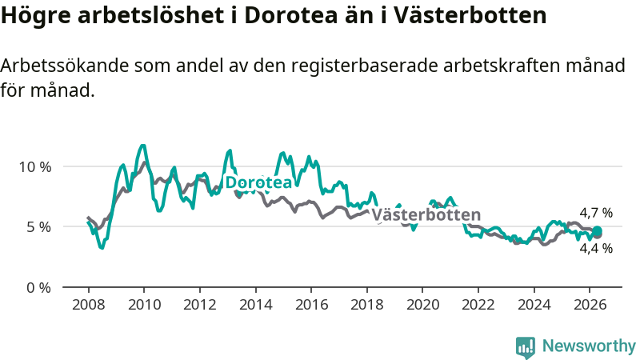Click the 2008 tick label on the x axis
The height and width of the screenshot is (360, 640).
89,305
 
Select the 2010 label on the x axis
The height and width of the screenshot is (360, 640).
144,305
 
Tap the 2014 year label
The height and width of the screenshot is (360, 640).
255,305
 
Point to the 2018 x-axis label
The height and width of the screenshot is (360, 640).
367,305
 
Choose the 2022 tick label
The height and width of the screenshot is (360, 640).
478,305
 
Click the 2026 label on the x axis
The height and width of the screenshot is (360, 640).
590,305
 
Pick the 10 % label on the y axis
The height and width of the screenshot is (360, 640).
35,167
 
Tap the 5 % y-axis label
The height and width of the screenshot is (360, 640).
39,227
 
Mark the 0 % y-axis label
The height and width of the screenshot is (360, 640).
39,288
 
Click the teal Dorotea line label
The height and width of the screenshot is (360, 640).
258,182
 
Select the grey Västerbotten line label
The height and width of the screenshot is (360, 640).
426,214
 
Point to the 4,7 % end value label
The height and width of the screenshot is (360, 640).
596,213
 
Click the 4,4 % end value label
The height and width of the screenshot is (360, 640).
596,248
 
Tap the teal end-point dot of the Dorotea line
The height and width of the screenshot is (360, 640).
597,230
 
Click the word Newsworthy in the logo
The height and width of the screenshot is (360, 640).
589,346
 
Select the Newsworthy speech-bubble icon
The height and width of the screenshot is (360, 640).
526,347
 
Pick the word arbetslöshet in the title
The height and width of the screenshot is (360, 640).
151,15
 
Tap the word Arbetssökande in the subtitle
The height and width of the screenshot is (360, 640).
65,66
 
